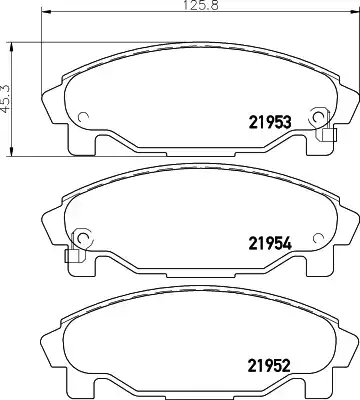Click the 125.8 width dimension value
201,6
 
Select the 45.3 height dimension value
6,98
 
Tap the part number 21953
269,123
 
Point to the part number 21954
270,243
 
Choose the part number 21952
269,365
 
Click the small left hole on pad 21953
83,116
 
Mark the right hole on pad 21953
319,116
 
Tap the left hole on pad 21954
82,237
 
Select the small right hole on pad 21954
319,237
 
